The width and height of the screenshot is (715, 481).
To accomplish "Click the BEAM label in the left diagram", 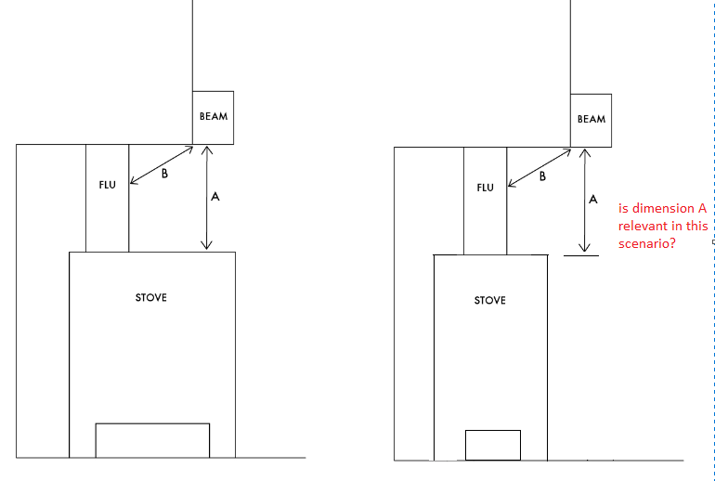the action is coord(214,116).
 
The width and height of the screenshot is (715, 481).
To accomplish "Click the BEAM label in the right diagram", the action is coord(591,119).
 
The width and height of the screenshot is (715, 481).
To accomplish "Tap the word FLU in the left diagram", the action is coord(107,185).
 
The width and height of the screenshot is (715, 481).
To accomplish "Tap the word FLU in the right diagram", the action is coord(485,188).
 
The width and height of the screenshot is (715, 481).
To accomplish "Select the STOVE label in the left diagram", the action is coord(151,298).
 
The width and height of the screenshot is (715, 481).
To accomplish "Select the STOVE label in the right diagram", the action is coord(489,301).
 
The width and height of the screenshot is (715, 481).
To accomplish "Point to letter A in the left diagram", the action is coord(215,197).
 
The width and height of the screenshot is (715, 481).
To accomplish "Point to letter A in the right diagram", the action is coord(592,200).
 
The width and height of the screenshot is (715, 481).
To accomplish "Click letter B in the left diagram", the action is coord(164,174).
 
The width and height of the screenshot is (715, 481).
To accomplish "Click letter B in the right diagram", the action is coord(542,176).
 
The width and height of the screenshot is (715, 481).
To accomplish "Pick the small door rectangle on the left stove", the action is coord(152,440).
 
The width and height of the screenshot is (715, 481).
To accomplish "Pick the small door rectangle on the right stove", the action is coord(493,445).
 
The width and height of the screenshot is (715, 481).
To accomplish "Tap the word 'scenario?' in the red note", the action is coord(646,243).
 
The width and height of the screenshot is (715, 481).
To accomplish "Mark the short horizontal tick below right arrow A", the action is coord(581,255).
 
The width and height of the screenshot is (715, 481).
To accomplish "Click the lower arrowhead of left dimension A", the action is coord(206,246).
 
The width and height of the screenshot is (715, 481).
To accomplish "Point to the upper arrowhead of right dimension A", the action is coord(584,153).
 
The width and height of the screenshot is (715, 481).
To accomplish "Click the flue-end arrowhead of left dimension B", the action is coord(134,180).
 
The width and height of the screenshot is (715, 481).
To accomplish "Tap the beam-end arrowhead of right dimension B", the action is coord(566,152).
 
